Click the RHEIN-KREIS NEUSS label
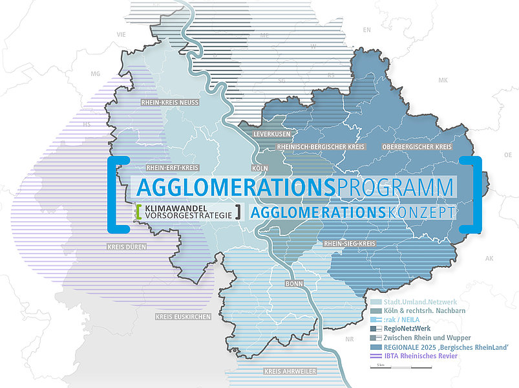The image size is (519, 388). click(171, 102)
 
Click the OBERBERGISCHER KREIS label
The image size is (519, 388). click(417, 147)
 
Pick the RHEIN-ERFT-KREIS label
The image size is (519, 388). click(172, 167)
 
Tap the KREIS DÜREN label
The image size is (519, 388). click(127, 247)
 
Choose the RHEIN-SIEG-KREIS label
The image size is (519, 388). click(350, 244)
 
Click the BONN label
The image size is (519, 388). click(294, 283)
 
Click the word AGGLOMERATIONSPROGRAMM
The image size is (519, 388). click(294, 188)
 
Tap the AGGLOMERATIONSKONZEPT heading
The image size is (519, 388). click(352, 211)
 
